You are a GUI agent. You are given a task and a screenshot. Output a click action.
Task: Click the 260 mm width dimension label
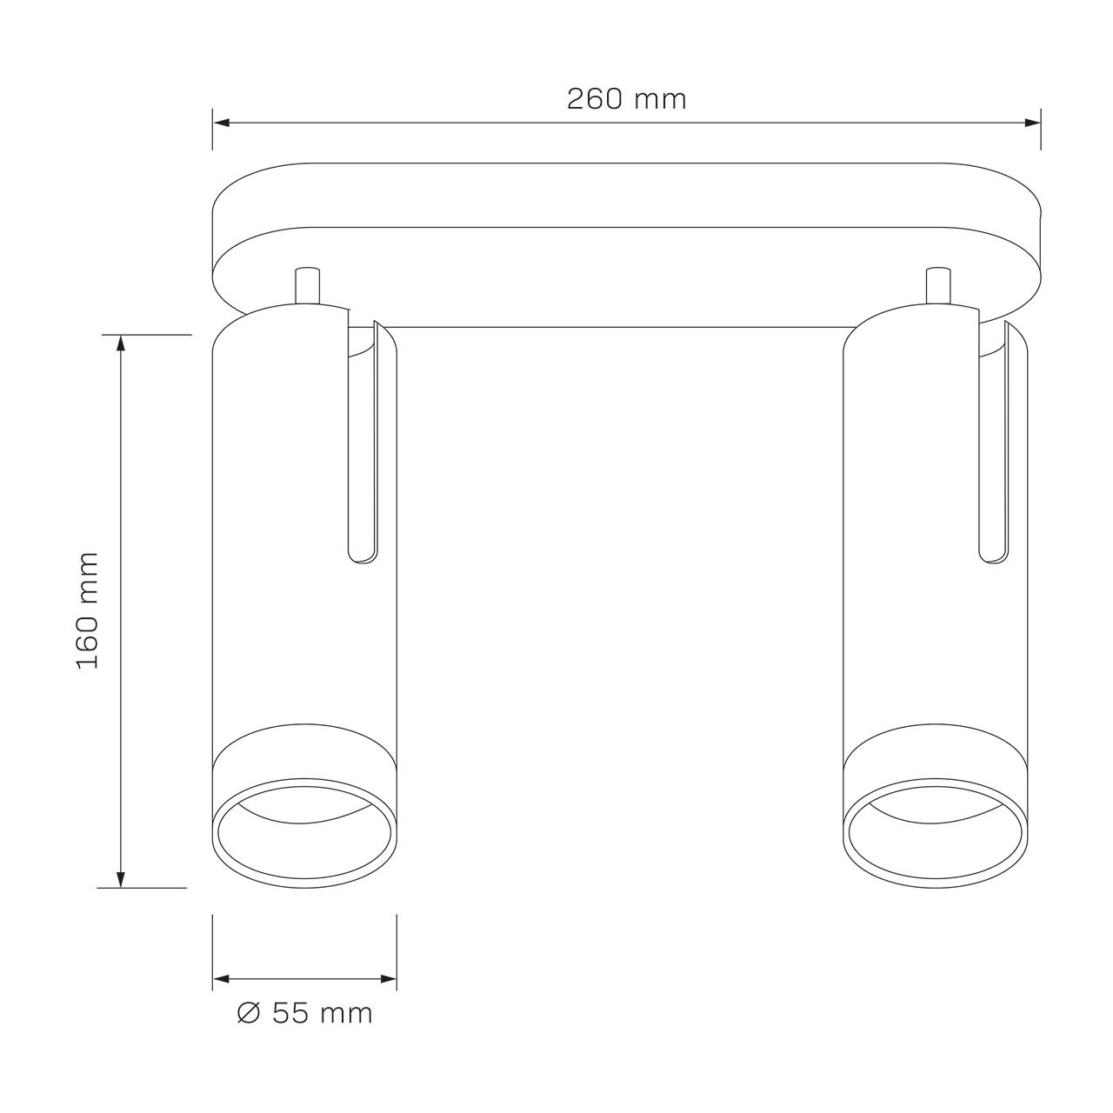[x=626, y=99]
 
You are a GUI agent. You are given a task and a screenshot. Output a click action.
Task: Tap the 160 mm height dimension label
[x=88, y=610]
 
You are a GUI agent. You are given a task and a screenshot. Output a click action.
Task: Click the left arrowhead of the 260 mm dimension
[x=222, y=123]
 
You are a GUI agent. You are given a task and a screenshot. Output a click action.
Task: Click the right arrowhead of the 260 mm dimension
[x=1032, y=123]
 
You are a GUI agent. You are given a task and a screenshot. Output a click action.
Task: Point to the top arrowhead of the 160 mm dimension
[x=121, y=343]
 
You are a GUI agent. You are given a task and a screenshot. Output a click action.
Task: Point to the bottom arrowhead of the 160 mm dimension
[x=121, y=878]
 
